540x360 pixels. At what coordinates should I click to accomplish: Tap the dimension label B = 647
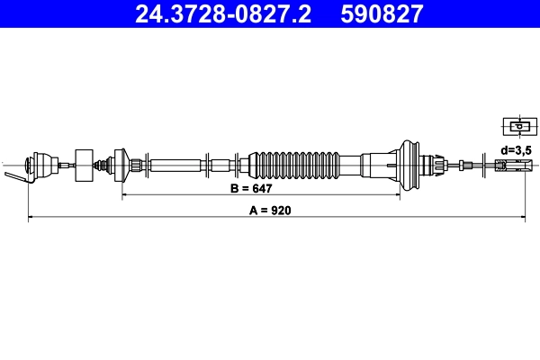[251, 189]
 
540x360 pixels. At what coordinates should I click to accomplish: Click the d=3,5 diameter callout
[517, 149]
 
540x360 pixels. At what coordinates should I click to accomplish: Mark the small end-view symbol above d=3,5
[514, 126]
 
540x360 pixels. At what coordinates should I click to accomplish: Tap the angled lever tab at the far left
[13, 177]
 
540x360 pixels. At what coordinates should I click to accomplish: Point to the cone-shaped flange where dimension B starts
[122, 165]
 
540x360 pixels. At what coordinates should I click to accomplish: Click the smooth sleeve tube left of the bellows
[175, 165]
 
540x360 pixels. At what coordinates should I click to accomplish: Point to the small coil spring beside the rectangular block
[104, 165]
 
